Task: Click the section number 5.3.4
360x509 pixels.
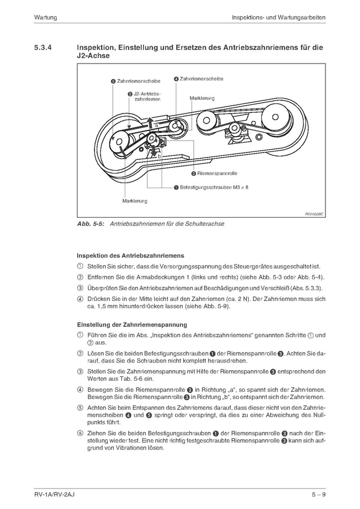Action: (x=44, y=49)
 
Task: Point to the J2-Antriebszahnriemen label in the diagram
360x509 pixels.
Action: (x=146, y=96)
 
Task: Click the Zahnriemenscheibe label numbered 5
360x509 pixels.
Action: (x=138, y=82)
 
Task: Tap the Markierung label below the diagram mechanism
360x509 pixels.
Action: (x=134, y=201)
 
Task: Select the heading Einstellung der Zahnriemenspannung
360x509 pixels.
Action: (x=132, y=325)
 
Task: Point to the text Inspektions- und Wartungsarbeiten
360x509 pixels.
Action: (x=278, y=18)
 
